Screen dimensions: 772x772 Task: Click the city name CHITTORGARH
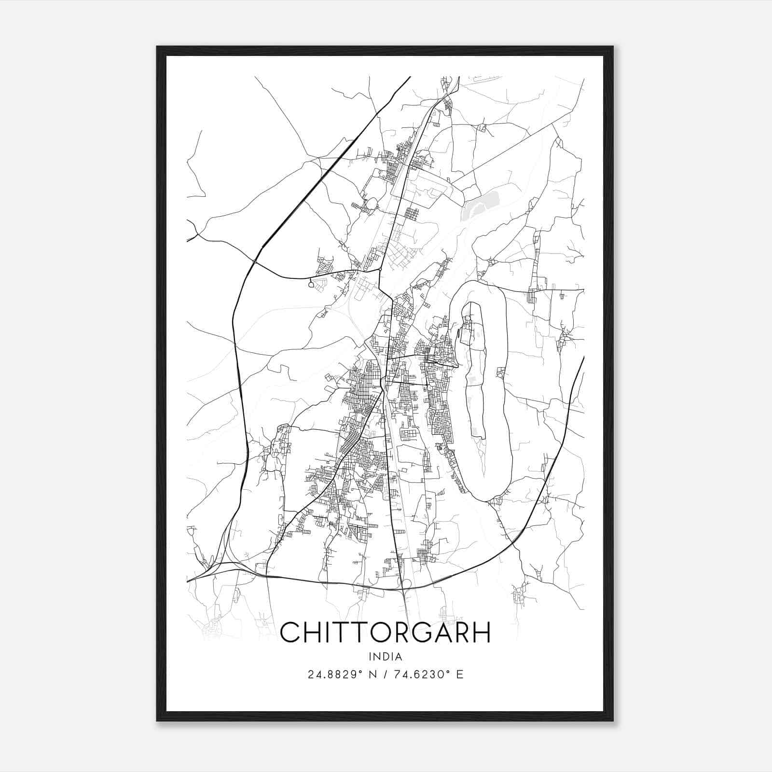[x=385, y=632]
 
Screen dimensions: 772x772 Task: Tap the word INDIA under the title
[x=385, y=657]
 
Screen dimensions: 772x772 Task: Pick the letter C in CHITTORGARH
[x=290, y=632]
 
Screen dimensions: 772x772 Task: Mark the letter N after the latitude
[x=372, y=675]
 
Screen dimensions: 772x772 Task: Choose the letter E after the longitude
[x=459, y=675]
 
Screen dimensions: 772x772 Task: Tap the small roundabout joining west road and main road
[x=380, y=269]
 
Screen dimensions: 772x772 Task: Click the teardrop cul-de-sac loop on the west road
[x=311, y=285]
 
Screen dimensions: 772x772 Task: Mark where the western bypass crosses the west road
[x=254, y=261]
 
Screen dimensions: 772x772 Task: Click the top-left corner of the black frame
[x=157, y=47]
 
